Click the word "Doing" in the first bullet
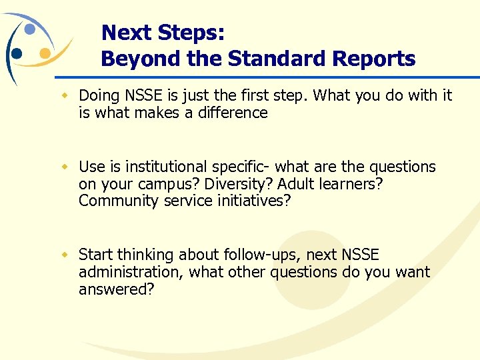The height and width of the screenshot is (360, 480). [99, 96]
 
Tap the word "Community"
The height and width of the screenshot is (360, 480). [113, 201]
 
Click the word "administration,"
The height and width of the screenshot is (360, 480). [131, 272]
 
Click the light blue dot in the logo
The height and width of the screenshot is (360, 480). [29, 29]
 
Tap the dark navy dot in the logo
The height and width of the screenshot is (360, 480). [17, 52]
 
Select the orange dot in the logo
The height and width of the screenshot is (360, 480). [45, 52]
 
